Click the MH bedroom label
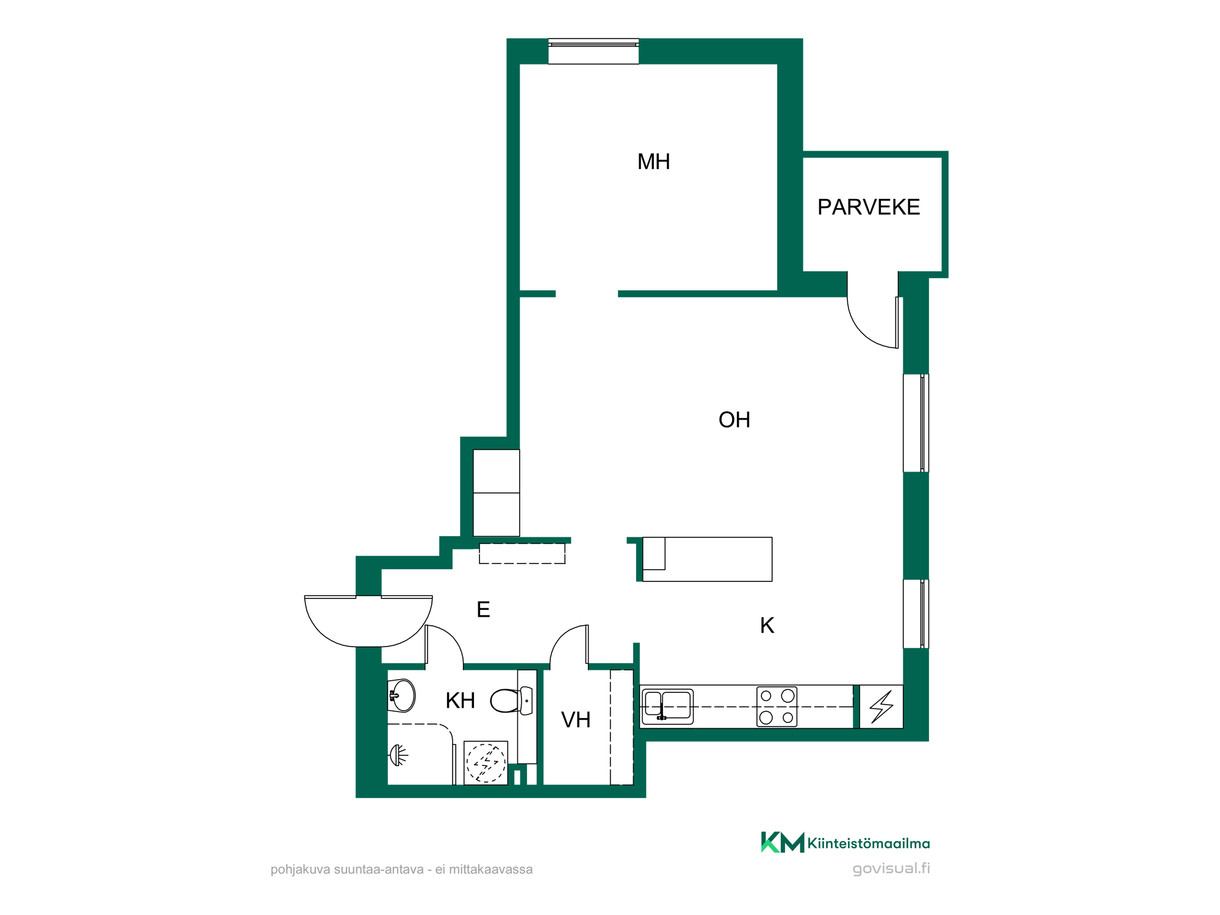pos(653,162)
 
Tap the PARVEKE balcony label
pos(869,207)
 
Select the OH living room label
pos(734,420)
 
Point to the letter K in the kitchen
pos(767,625)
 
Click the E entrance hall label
pos(483,609)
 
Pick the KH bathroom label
pos(460,701)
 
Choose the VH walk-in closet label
pos(576,720)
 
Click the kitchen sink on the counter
pos(668,706)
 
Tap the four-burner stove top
pos(777,706)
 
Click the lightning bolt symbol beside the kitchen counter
pos(881,706)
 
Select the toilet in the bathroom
pos(511,701)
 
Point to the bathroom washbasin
pos(401,695)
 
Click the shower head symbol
pos(398,755)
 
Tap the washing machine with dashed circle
pos(486,762)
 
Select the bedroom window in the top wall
pos(594,51)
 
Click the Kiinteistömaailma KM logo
pos(845,842)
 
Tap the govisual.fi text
pos(891,869)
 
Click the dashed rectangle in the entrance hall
pos(522,553)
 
